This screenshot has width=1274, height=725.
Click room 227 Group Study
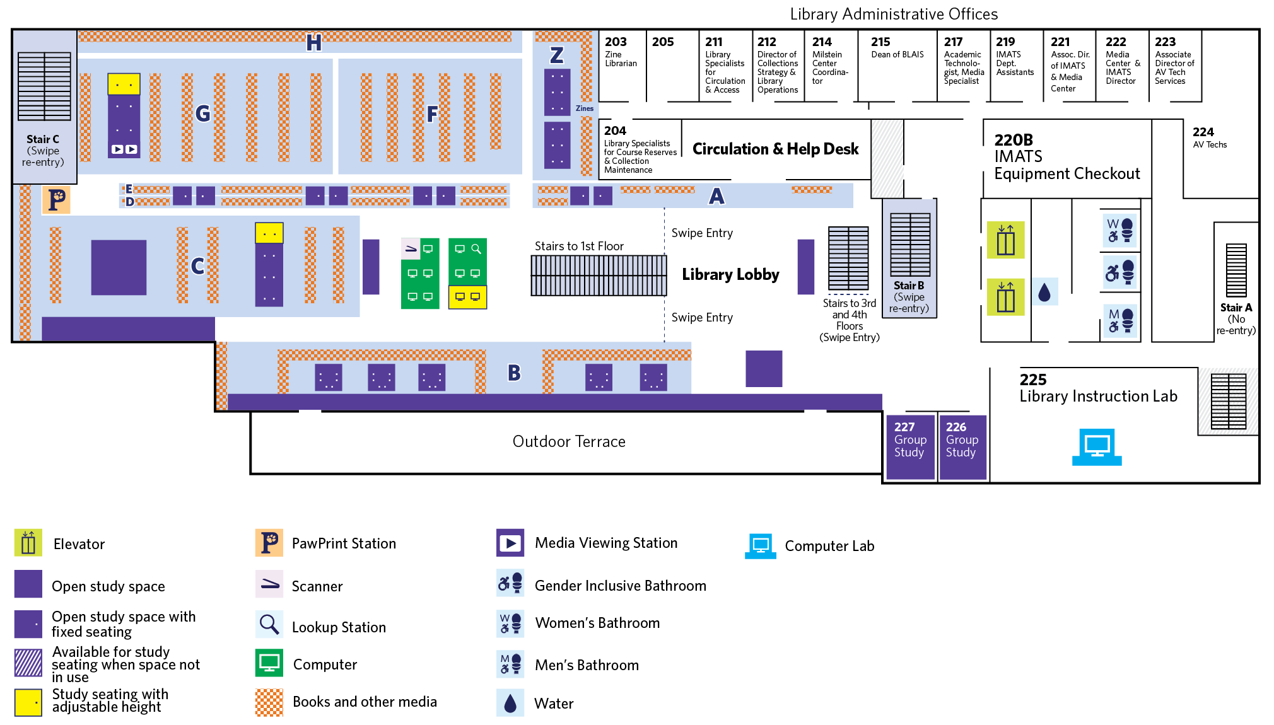click(909, 446)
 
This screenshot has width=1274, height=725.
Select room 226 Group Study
click(962, 446)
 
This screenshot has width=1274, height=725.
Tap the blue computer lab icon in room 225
click(1097, 447)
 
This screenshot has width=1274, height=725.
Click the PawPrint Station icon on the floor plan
click(57, 200)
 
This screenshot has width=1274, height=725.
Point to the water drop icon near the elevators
click(1044, 292)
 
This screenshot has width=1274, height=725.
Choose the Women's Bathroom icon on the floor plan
click(1121, 230)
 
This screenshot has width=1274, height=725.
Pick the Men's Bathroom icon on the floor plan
click(1121, 320)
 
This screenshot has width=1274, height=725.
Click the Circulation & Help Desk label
click(775, 149)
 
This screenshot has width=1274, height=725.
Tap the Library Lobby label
click(730, 275)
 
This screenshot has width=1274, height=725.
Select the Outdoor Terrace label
click(569, 442)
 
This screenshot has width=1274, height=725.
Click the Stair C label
click(43, 140)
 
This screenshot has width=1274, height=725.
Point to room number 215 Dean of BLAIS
click(880, 42)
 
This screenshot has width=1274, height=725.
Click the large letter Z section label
click(556, 55)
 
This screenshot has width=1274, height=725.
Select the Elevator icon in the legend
click(28, 543)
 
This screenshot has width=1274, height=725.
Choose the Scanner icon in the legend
click(270, 584)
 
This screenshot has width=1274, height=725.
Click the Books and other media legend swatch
click(269, 702)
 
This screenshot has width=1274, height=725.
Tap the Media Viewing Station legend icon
click(510, 543)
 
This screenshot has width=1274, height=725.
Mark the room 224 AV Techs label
click(1209, 137)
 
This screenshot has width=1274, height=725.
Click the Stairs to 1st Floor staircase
click(599, 275)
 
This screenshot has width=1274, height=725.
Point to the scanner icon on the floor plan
click(411, 249)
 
